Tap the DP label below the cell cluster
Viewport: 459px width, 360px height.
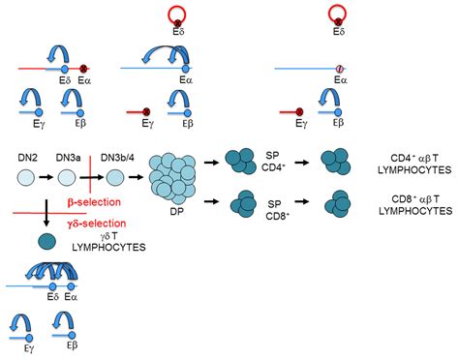tap(178, 211)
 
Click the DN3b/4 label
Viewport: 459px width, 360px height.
tap(116, 156)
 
